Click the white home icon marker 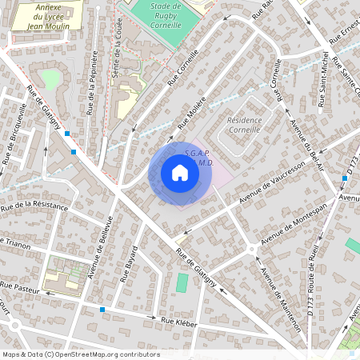pyautogui.click(x=180, y=173)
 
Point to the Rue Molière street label pyautogui.click(x=192, y=111)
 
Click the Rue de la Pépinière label pyautogui.click(x=92, y=82)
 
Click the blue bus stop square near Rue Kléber pyautogui.click(x=102, y=309)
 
